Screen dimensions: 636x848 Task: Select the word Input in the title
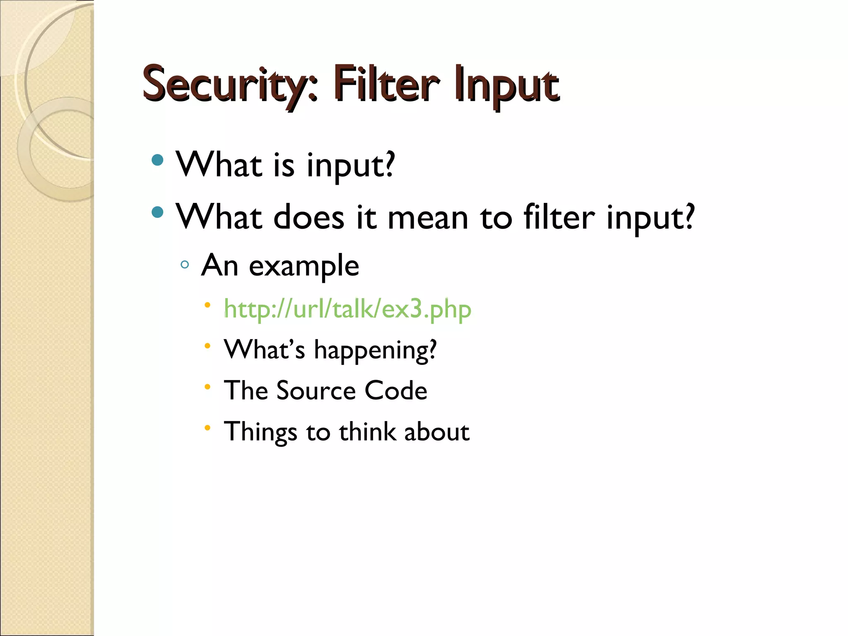(x=506, y=85)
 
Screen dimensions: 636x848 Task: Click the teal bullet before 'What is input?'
(x=157, y=160)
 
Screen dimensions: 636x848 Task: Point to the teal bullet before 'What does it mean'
(x=157, y=212)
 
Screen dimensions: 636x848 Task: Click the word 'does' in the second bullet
(x=308, y=217)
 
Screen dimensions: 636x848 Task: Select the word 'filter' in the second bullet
(x=559, y=217)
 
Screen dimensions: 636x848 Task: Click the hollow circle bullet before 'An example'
(x=185, y=265)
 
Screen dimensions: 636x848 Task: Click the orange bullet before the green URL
(x=207, y=306)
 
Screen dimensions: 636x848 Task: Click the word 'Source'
(x=316, y=390)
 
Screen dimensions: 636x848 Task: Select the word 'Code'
(x=395, y=390)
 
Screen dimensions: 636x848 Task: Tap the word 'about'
(x=436, y=431)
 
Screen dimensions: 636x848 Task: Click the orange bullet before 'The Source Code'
(x=207, y=387)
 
